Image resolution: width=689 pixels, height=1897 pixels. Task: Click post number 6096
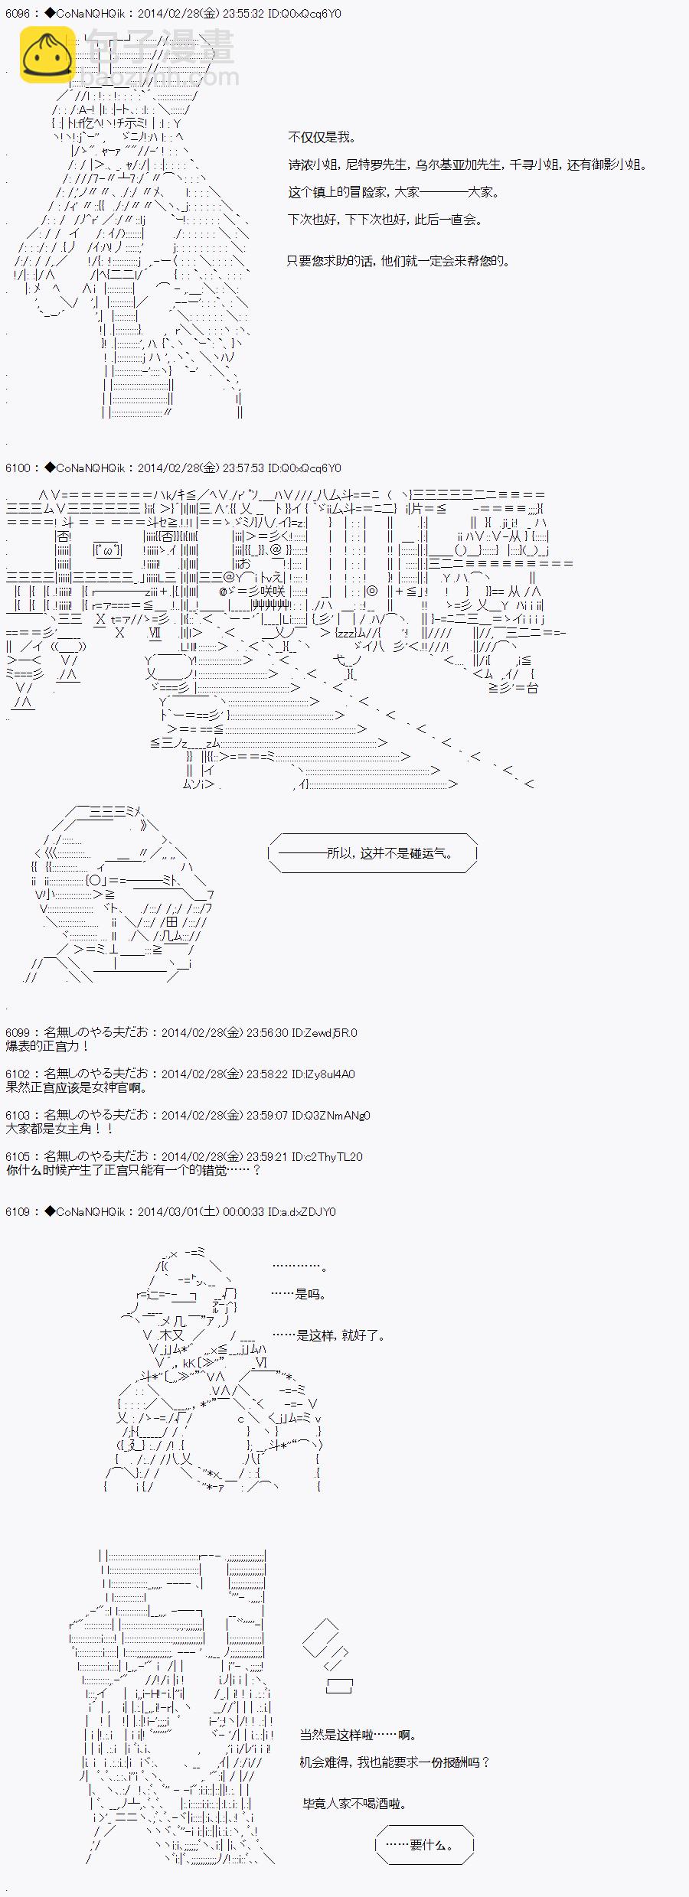(x=18, y=14)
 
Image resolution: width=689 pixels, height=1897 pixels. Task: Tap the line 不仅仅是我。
(x=322, y=137)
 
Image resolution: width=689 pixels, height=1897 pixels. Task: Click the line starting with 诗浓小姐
(x=467, y=165)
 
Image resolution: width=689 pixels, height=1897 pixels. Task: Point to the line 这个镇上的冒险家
(x=393, y=192)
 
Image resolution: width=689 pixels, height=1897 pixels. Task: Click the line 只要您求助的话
(x=398, y=261)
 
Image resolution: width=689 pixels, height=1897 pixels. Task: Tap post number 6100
(x=18, y=468)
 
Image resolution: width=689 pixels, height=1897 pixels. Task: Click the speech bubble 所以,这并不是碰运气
(x=374, y=852)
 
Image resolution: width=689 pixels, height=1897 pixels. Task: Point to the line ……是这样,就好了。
(x=329, y=1335)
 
